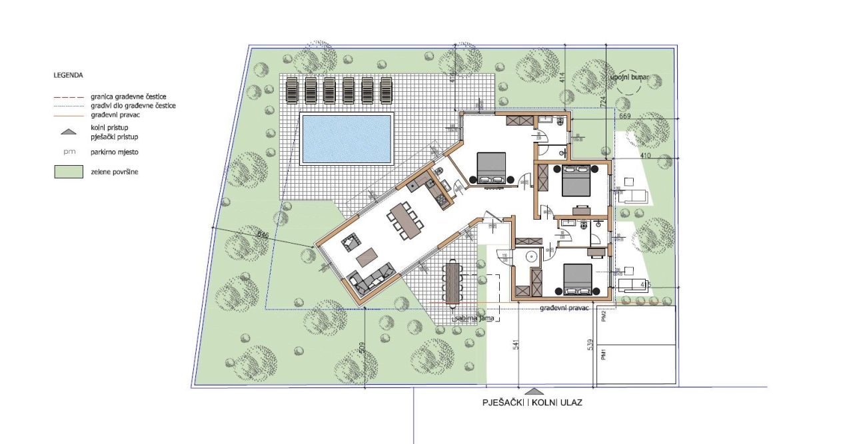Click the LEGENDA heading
click(69, 75)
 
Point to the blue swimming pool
click(346, 138)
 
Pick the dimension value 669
click(624, 117)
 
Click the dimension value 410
click(626, 156)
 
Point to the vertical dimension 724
click(602, 102)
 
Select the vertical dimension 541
click(515, 348)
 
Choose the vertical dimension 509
click(362, 348)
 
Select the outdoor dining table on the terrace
click(454, 282)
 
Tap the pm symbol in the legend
click(67, 152)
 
